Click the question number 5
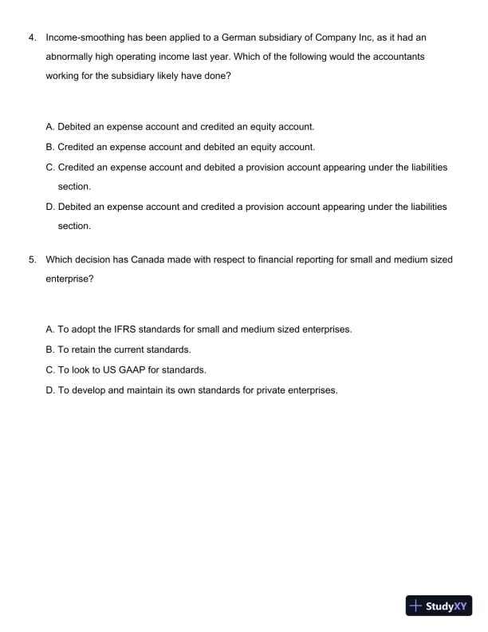[x=32, y=259]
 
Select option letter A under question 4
[x=50, y=127]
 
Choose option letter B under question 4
[x=50, y=147]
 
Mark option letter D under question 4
[x=50, y=207]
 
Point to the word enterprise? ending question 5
[x=70, y=279]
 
